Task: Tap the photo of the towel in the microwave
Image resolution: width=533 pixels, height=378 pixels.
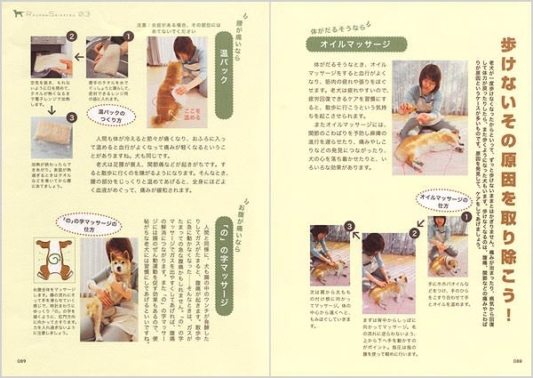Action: [x=50, y=60]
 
